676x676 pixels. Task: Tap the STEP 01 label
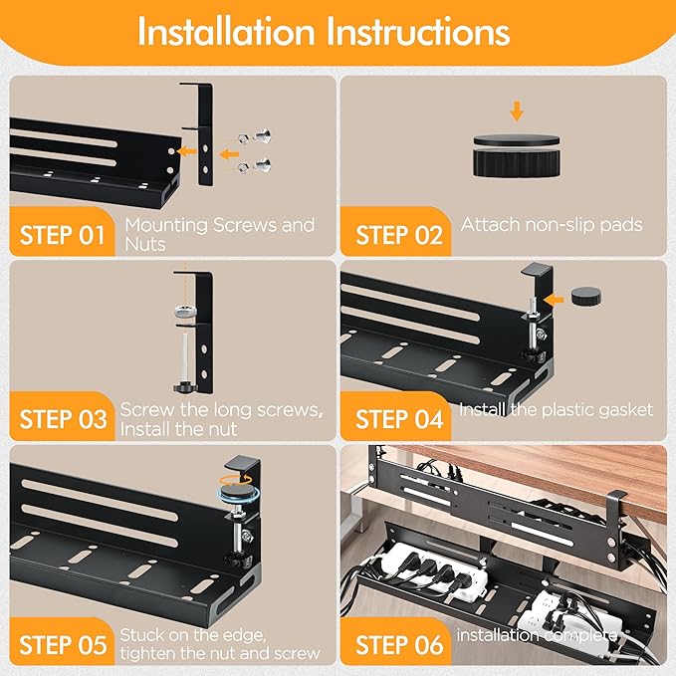click(63, 236)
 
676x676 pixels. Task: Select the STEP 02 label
click(399, 236)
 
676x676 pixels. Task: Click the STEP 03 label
click(63, 418)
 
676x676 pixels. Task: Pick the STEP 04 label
click(399, 418)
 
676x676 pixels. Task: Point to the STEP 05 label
click(63, 644)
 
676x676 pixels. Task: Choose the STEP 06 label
click(399, 644)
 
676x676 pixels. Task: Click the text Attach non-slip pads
click(552, 225)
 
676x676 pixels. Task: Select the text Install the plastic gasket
click(556, 409)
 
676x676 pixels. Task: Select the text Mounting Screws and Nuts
click(219, 234)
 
